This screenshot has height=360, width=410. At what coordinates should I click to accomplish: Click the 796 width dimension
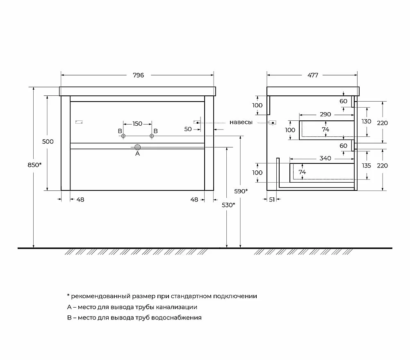point(138,75)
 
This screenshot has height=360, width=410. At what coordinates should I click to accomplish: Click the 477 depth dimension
point(313,75)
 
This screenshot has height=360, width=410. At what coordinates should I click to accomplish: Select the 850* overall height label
point(34,165)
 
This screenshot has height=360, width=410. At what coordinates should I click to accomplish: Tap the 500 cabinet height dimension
point(48,142)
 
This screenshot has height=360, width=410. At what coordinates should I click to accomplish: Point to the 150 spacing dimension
point(137,124)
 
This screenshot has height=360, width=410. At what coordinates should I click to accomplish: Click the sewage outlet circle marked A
point(137,147)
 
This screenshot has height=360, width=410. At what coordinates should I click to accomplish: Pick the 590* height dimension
point(241,191)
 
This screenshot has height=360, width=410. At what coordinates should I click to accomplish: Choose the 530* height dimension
point(228,205)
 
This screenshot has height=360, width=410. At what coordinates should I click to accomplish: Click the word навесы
point(241,122)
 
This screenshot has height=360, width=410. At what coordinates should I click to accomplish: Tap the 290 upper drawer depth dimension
point(325,114)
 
